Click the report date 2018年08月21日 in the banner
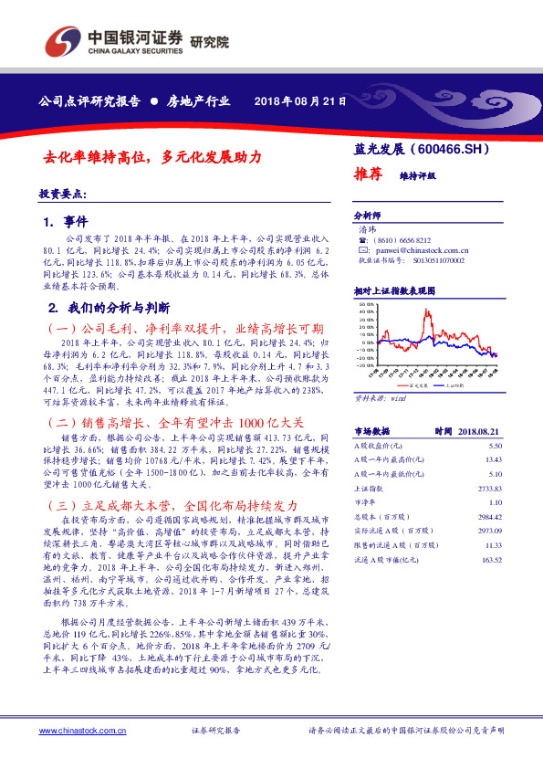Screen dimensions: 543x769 pyautogui.click(x=299, y=101)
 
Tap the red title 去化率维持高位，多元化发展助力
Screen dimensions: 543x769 pyautogui.click(x=154, y=157)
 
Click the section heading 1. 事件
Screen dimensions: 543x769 pyautogui.click(x=70, y=222)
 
